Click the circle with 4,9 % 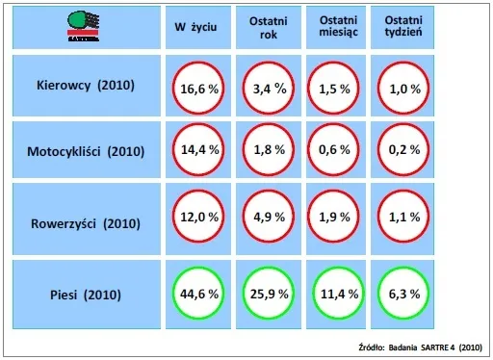267,218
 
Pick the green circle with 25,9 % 267,293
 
